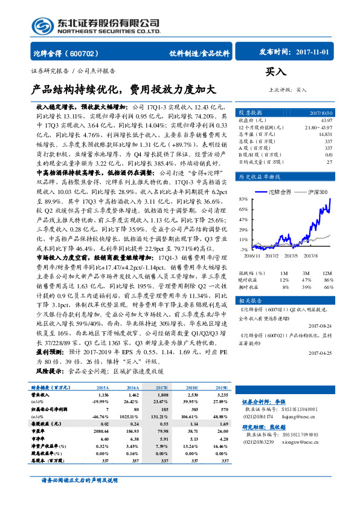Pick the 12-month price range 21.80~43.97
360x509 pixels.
(x=318, y=128)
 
